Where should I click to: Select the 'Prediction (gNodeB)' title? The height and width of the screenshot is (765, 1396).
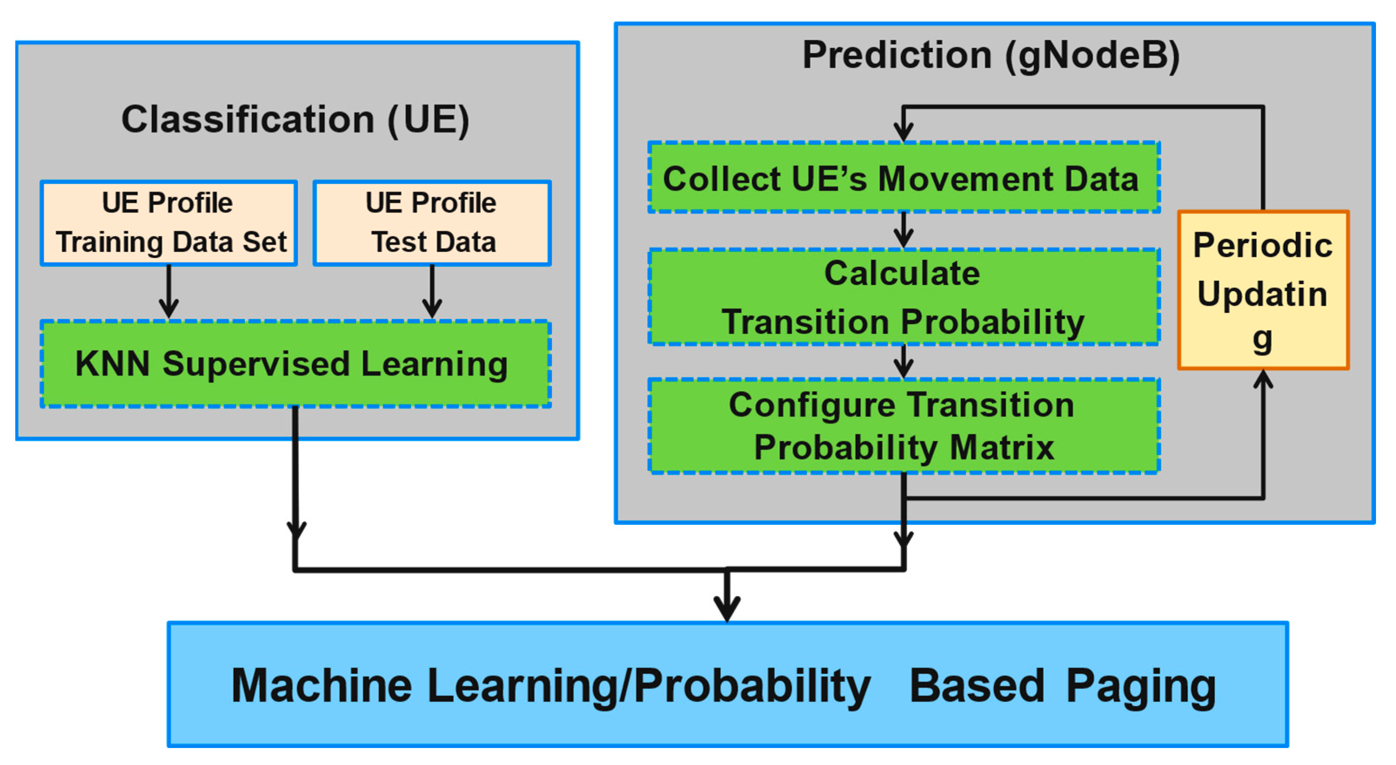pyautogui.click(x=991, y=55)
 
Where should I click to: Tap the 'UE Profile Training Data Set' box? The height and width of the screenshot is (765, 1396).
pyautogui.click(x=169, y=223)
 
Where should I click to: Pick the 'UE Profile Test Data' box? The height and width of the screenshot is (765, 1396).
pyautogui.click(x=432, y=223)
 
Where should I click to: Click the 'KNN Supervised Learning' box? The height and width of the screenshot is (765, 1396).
pyautogui.click(x=296, y=364)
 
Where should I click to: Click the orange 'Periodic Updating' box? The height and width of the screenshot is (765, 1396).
pyautogui.click(x=1262, y=291)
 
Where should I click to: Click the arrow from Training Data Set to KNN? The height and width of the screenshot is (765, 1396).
pyautogui.click(x=169, y=292)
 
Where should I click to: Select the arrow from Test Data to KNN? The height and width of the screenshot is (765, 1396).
pyautogui.click(x=432, y=292)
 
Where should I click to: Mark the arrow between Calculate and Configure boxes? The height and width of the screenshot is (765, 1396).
pyautogui.click(x=903, y=362)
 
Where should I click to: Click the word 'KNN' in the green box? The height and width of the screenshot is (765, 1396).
pyautogui.click(x=112, y=363)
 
